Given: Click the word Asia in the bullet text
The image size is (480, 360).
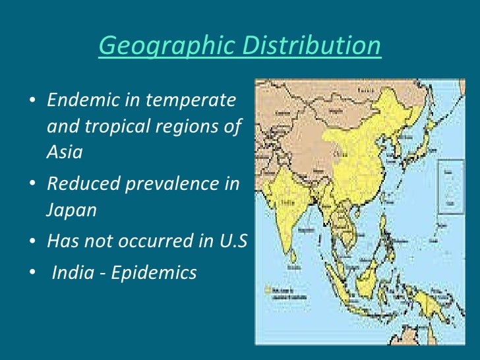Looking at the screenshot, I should point(65,152).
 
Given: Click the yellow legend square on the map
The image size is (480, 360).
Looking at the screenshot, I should point(266,289).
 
